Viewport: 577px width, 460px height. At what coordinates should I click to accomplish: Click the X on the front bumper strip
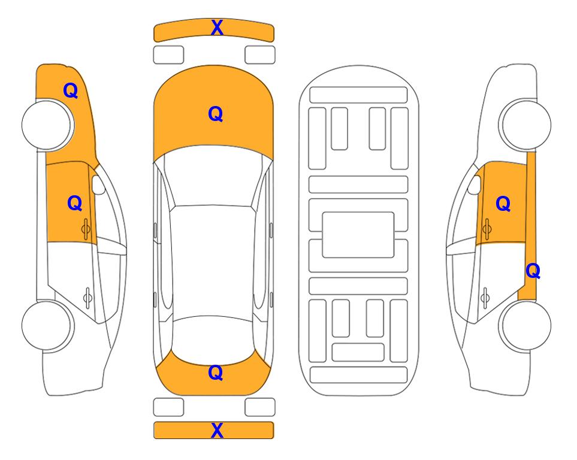217,28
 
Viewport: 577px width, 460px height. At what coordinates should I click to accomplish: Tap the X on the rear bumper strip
217,430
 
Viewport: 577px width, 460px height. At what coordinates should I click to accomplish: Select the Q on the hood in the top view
216,114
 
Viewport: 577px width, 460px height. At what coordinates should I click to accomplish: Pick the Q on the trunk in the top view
216,373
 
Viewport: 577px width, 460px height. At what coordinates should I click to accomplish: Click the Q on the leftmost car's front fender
71,90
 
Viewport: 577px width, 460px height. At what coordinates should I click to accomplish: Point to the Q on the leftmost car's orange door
75,203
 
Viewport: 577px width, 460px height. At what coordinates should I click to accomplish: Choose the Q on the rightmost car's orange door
503,204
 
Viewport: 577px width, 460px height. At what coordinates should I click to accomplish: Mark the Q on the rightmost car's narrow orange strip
533,271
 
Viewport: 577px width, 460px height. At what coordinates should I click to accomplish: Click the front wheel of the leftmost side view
47,125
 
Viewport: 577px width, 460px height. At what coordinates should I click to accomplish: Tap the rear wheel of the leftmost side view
47,326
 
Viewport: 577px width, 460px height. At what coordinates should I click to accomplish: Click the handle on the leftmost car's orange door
86,229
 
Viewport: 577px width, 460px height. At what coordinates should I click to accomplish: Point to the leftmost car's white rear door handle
87,298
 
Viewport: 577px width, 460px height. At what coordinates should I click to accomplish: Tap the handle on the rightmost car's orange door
487,229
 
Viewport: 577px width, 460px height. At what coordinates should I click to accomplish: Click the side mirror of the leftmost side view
98,184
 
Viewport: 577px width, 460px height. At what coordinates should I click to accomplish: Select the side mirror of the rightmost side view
474,184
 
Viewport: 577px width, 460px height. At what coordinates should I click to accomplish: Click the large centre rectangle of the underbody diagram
358,235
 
